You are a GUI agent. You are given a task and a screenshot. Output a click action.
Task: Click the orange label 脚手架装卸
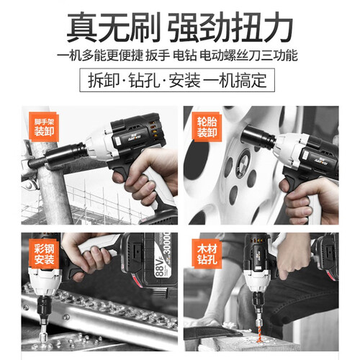click(43, 127)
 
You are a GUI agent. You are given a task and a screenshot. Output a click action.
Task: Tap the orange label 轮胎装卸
click(207, 127)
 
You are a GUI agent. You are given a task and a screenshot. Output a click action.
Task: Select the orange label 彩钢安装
click(44, 253)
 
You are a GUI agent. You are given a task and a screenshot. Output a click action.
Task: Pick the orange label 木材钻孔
click(207, 253)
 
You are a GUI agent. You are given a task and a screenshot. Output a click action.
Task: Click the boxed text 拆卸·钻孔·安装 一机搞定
click(177, 80)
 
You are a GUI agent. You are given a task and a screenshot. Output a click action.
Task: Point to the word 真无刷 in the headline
click(114, 27)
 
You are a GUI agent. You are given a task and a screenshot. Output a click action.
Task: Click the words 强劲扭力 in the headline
click(230, 27)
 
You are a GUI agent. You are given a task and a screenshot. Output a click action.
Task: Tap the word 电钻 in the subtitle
click(184, 55)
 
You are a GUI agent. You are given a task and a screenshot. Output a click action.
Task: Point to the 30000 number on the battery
click(167, 243)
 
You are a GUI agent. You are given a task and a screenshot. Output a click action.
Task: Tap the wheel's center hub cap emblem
click(243, 163)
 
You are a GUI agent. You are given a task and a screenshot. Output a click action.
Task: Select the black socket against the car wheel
click(258, 137)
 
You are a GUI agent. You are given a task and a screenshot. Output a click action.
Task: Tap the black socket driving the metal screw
click(44, 308)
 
